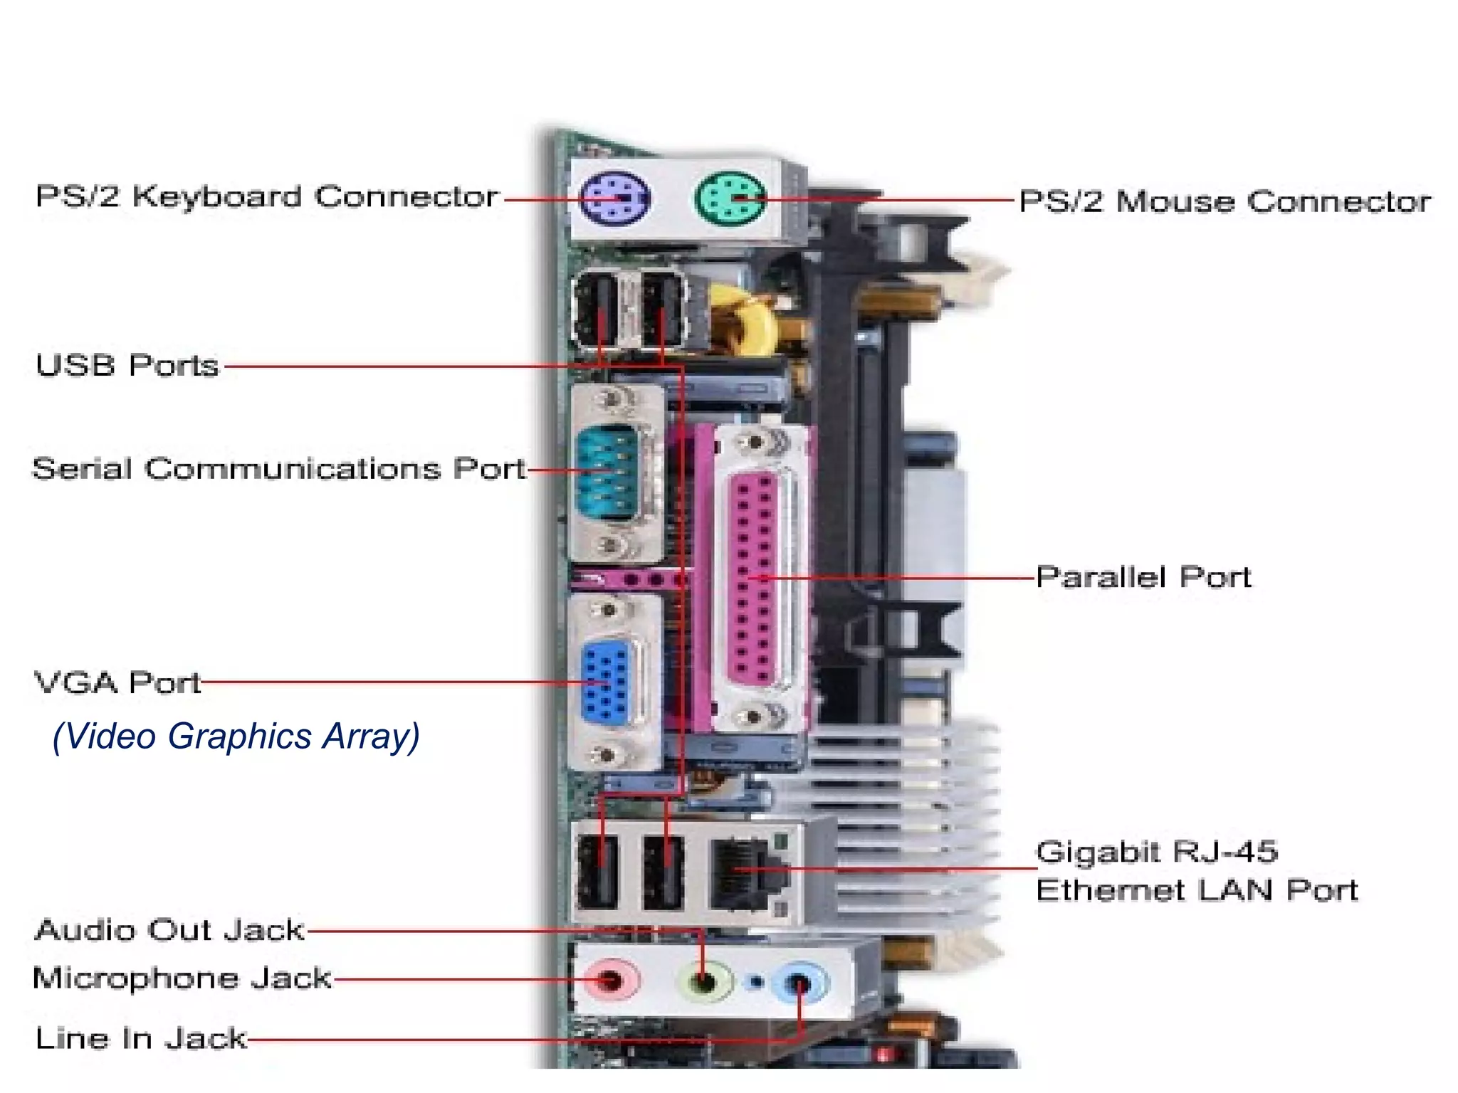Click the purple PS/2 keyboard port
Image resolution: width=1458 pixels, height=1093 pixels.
tap(614, 199)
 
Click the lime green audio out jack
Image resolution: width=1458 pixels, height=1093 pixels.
tap(704, 983)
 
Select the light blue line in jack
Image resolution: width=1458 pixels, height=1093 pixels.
tap(800, 984)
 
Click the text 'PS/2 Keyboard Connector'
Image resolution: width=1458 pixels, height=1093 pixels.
tap(267, 197)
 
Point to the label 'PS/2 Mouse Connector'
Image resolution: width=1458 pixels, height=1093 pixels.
tap(1224, 201)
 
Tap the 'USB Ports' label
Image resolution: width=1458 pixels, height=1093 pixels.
tap(127, 366)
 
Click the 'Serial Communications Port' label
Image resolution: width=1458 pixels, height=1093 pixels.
tap(278, 469)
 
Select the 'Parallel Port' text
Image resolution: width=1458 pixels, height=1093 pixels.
tap(1143, 577)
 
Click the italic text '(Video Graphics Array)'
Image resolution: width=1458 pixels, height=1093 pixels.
tap(236, 736)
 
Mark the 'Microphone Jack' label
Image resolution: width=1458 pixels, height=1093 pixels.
tap(182, 978)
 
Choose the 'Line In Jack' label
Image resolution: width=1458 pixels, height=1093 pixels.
tap(141, 1038)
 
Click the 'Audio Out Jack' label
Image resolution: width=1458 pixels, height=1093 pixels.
tap(169, 930)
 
